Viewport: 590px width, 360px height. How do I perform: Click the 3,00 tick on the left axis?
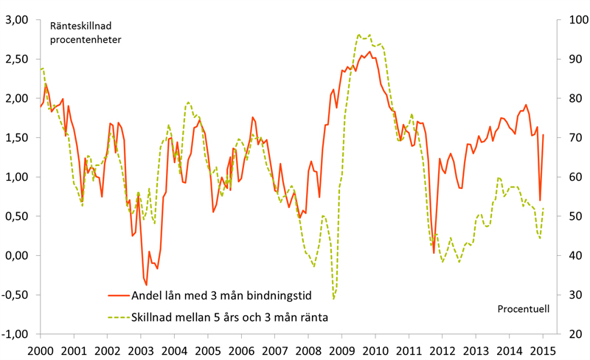pos(17,20)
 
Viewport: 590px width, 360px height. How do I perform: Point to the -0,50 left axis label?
pos(15,295)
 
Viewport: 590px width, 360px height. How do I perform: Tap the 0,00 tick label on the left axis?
pos(17,255)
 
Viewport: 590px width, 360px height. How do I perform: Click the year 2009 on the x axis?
pos(341,350)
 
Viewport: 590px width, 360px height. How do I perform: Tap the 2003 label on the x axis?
pos(141,350)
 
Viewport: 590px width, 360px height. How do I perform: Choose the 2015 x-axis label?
pos(543,350)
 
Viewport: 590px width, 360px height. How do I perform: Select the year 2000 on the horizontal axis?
pos(41,350)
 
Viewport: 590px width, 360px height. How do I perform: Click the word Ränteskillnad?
pos(80,26)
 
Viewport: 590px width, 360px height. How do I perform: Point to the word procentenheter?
pos(86,40)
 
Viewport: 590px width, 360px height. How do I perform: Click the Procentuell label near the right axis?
pos(524,309)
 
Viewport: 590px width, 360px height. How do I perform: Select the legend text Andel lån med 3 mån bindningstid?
pos(221,296)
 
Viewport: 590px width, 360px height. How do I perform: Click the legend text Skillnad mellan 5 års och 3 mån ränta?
pos(229,317)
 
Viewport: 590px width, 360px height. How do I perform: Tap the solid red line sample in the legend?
pos(119,296)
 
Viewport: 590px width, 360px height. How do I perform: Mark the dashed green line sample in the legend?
pos(119,317)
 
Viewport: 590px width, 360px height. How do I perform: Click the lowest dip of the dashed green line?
pos(333,299)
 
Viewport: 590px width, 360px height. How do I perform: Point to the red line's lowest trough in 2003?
pos(146,285)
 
